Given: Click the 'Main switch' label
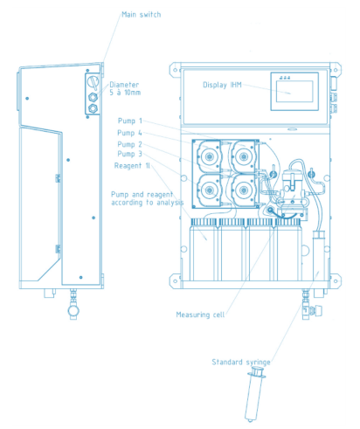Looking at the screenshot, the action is click(142, 15).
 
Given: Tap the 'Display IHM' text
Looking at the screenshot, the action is click(222, 85).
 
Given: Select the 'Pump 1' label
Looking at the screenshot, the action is click(130, 121).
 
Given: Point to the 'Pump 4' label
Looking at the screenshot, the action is click(129, 133).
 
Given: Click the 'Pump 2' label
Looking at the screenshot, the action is click(130, 144).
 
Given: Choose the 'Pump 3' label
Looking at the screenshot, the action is click(130, 154).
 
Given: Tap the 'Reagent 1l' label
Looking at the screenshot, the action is click(132, 166).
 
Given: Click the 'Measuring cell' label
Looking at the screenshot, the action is click(200, 315).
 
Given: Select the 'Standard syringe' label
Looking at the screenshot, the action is click(241, 362).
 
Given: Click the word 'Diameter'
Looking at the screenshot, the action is click(124, 85).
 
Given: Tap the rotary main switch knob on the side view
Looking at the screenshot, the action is click(93, 82).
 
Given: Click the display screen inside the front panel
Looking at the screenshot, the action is click(294, 92).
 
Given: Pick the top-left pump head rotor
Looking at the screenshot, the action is click(209, 156).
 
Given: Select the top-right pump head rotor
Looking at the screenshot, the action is click(244, 156).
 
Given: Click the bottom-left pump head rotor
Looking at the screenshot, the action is click(209, 190).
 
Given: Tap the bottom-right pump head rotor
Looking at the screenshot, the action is click(244, 190).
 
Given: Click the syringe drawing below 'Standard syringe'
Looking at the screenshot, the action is click(254, 394).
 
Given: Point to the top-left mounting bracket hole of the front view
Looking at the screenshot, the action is click(176, 70).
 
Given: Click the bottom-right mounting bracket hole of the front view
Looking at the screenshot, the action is click(336, 281).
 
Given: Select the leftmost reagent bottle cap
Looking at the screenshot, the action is click(204, 222).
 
